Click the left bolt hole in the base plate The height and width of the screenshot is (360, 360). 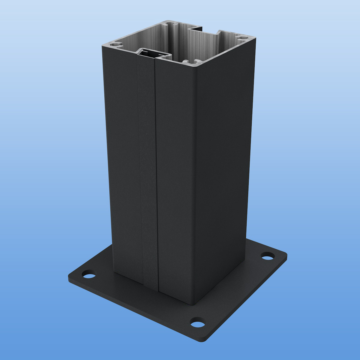click(x=88, y=275)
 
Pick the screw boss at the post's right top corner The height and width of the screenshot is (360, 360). click(x=241, y=38)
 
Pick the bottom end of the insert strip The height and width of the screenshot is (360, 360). click(x=150, y=286)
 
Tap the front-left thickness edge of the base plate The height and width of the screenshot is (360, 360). click(x=135, y=312)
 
